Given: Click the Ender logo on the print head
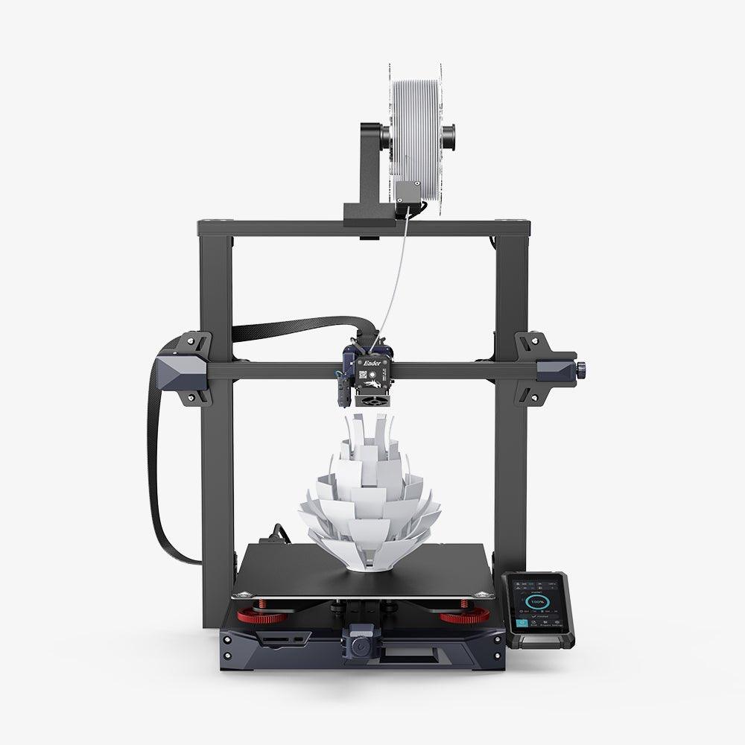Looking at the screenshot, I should pyautogui.click(x=370, y=355).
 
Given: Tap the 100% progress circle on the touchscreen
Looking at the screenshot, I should pyautogui.click(x=536, y=600).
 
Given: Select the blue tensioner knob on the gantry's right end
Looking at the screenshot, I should pyautogui.click(x=583, y=367).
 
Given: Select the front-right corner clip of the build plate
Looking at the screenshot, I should pyautogui.click(x=487, y=594).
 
